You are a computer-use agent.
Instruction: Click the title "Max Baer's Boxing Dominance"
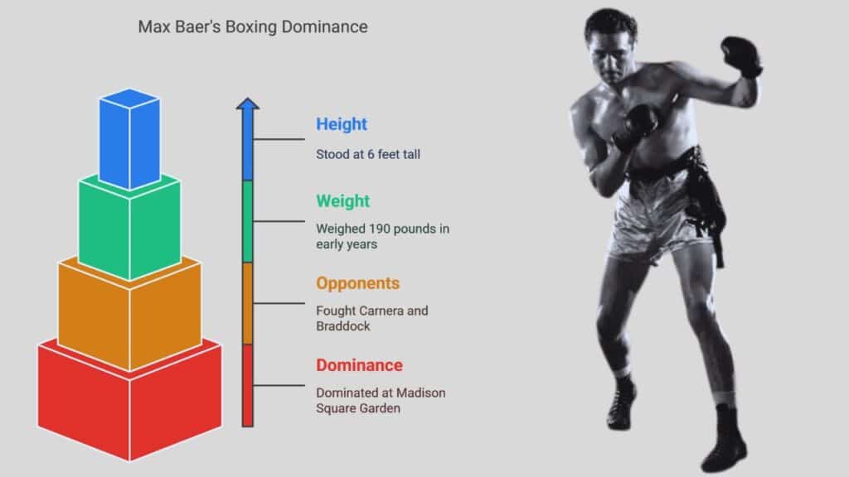click(253, 27)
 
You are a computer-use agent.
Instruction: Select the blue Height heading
click(342, 124)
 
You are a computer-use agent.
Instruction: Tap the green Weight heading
click(342, 201)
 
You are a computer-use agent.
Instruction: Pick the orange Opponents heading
click(358, 283)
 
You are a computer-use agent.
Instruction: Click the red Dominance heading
click(360, 365)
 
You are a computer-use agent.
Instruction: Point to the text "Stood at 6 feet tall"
click(368, 154)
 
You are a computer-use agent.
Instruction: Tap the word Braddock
click(343, 326)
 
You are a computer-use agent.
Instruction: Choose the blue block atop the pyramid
click(129, 139)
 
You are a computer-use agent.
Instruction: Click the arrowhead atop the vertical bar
click(247, 104)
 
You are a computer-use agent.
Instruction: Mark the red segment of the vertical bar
click(247, 386)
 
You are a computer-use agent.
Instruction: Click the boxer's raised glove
click(742, 55)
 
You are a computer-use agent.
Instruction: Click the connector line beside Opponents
click(279, 303)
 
